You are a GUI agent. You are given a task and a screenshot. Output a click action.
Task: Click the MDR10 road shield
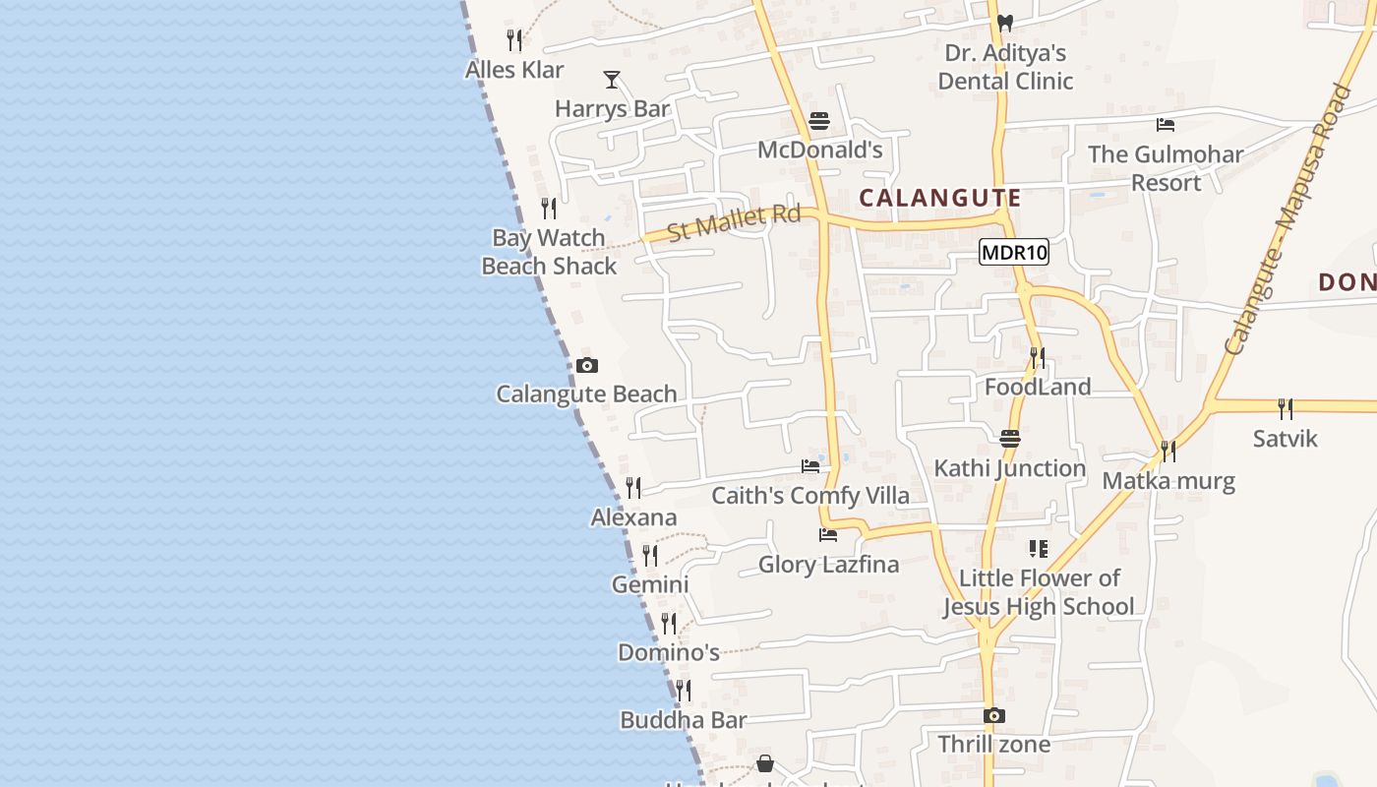pos(1015,253)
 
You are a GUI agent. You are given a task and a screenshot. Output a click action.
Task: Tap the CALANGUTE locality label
pos(939,198)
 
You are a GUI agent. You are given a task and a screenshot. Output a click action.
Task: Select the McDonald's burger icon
pos(819,121)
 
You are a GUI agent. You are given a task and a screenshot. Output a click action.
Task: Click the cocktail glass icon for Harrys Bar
pos(612,80)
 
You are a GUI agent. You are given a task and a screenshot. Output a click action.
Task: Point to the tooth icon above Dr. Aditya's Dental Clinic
pos(1004,23)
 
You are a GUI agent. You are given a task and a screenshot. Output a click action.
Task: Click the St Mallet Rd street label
pos(733,222)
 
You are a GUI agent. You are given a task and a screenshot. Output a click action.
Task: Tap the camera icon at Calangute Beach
pos(587,366)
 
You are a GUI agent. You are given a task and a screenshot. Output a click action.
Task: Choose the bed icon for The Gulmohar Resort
pos(1166,125)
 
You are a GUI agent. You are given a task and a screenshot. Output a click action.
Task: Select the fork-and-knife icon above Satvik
pos(1285,408)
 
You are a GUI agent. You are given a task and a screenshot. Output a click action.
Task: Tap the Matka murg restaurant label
pos(1168,481)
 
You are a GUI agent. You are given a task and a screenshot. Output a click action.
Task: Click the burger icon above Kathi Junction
pos(1010,439)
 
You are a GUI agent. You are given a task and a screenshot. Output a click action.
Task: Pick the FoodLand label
pos(1038,387)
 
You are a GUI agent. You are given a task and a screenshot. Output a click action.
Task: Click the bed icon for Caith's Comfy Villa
pos(810,466)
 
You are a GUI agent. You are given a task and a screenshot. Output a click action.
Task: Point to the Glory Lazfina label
pos(828,565)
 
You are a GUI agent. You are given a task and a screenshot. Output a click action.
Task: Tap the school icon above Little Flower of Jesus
pos(1039,549)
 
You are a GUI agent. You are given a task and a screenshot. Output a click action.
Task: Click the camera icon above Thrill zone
pos(994,716)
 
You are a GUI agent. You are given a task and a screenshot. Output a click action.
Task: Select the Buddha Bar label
pos(684,720)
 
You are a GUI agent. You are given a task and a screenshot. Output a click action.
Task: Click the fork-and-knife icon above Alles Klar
pos(514,40)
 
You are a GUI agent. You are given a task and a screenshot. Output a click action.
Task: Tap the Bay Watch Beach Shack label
pos(549,252)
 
